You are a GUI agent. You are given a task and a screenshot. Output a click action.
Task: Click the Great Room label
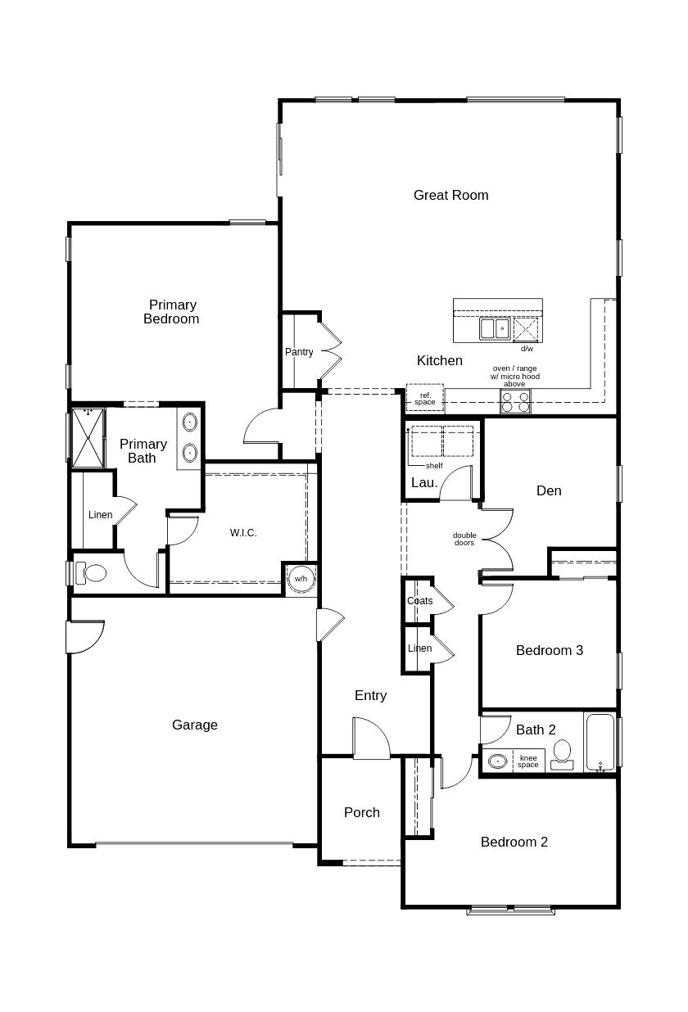(x=450, y=195)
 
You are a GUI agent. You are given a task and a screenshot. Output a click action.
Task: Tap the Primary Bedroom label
(x=172, y=312)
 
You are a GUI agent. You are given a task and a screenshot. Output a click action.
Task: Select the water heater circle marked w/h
(x=301, y=579)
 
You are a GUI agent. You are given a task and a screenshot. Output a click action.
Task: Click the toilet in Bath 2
(x=562, y=753)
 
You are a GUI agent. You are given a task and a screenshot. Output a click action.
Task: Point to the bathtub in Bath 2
(x=600, y=742)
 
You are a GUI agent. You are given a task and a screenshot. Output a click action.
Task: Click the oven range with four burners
(x=515, y=401)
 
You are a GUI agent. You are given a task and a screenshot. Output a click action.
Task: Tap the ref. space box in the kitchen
(x=424, y=399)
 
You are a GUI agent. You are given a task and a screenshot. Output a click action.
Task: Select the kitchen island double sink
(x=495, y=328)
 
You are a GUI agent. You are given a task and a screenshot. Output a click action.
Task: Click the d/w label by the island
(x=527, y=349)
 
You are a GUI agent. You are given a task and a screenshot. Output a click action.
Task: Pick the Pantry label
(x=299, y=352)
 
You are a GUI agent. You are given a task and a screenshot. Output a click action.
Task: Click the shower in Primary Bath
(x=88, y=437)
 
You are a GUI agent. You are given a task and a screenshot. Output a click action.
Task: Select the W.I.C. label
(x=243, y=533)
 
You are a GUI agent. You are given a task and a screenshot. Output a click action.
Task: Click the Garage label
(x=195, y=725)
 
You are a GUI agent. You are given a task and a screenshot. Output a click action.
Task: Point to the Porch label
(x=362, y=812)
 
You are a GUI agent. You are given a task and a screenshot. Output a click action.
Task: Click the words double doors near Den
(x=464, y=540)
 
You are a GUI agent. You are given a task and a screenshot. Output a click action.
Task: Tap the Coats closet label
(x=419, y=601)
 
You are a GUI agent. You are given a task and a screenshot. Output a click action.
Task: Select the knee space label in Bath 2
(x=528, y=761)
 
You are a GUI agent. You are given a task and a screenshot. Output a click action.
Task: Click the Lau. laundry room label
(x=423, y=483)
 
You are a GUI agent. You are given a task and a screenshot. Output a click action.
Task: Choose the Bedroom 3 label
(x=550, y=650)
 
